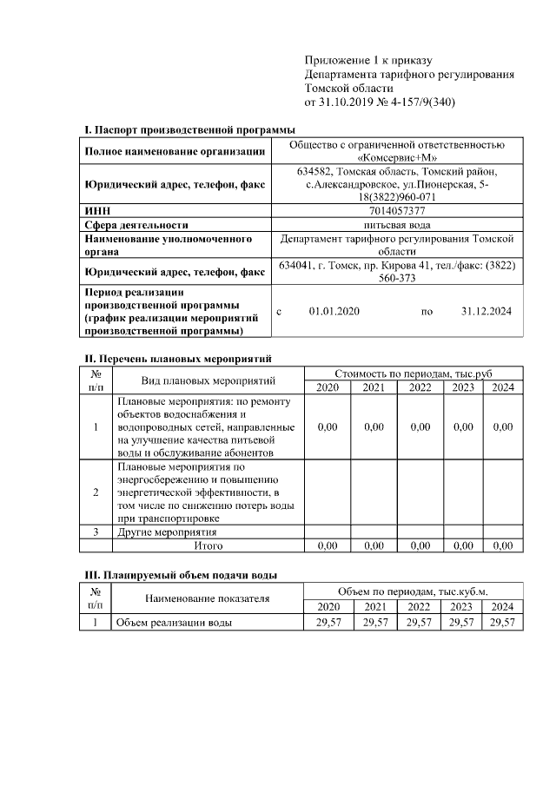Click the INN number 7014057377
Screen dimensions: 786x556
coord(396,210)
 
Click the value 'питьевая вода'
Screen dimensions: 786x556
coord(396,223)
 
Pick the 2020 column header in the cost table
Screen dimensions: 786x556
coord(328,387)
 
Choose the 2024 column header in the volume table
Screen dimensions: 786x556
coord(503,606)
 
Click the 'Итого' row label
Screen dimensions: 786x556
coord(208,545)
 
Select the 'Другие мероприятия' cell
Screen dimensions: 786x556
coord(167,532)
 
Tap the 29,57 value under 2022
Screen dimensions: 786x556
coord(420,623)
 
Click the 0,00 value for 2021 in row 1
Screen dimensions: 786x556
coord(374,426)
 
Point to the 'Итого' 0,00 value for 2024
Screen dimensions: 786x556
coord(503,545)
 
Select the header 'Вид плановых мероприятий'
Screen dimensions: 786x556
coord(208,380)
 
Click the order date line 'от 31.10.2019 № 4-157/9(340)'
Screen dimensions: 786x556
coord(380,102)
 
